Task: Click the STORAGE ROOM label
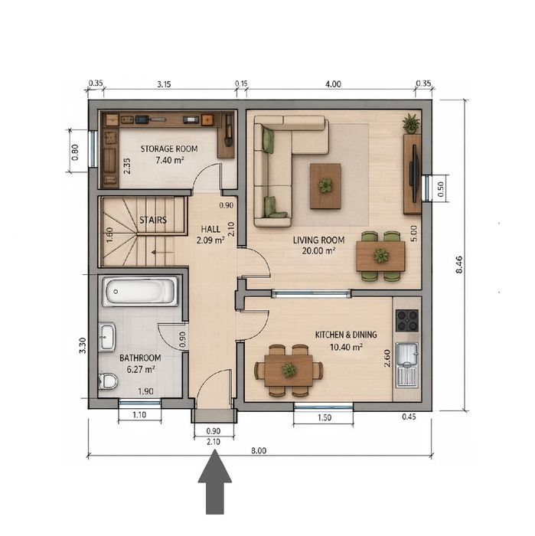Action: click(x=169, y=149)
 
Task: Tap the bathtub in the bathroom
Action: click(x=140, y=292)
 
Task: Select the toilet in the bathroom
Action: click(x=108, y=381)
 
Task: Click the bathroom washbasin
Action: click(x=107, y=337)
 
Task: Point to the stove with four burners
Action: click(x=407, y=321)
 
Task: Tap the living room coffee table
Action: click(x=325, y=186)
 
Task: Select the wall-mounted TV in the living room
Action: click(x=414, y=174)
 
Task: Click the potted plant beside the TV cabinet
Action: click(x=411, y=123)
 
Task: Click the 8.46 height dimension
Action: click(x=459, y=264)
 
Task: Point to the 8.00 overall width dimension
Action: click(x=259, y=450)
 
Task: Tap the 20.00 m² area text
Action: click(x=318, y=251)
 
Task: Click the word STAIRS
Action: click(x=153, y=220)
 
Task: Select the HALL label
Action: click(x=210, y=229)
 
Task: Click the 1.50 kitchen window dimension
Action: click(x=325, y=417)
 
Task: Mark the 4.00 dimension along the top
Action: click(x=333, y=84)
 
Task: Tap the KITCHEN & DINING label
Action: click(x=346, y=335)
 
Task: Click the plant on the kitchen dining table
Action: click(x=289, y=370)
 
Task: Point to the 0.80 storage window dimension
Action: click(x=75, y=152)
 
